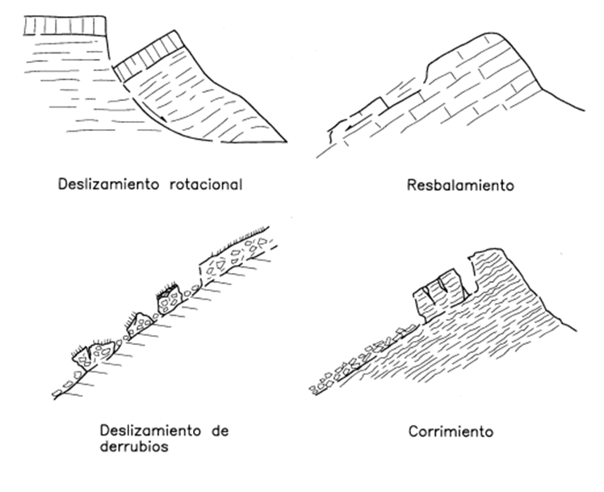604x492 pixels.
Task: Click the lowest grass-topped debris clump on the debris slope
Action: (x=95, y=352)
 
